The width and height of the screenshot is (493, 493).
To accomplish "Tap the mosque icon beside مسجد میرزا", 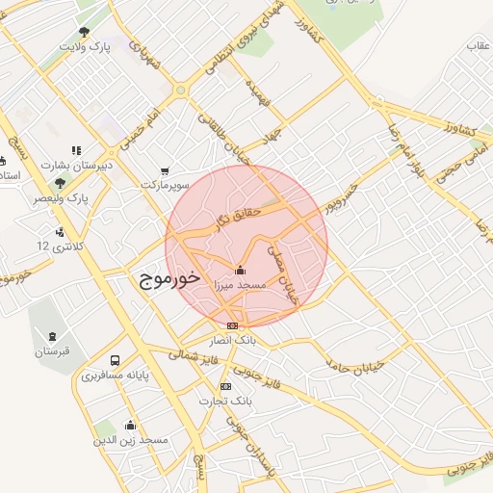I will coord(240,271).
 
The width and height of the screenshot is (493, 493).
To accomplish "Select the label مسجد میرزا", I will coord(239,287).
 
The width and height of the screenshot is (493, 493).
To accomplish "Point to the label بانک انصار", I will coord(230,340).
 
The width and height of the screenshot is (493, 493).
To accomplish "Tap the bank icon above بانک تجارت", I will coord(225,386).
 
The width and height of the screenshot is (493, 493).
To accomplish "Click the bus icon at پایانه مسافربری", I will coord(117,361).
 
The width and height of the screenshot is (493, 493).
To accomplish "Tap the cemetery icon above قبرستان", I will coord(51,336).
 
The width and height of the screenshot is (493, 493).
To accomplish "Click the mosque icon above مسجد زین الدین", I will coord(130,425).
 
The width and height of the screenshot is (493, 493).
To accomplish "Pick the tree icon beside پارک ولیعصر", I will coord(61,182).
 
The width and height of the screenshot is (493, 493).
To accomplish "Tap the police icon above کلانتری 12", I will coord(61,231).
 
